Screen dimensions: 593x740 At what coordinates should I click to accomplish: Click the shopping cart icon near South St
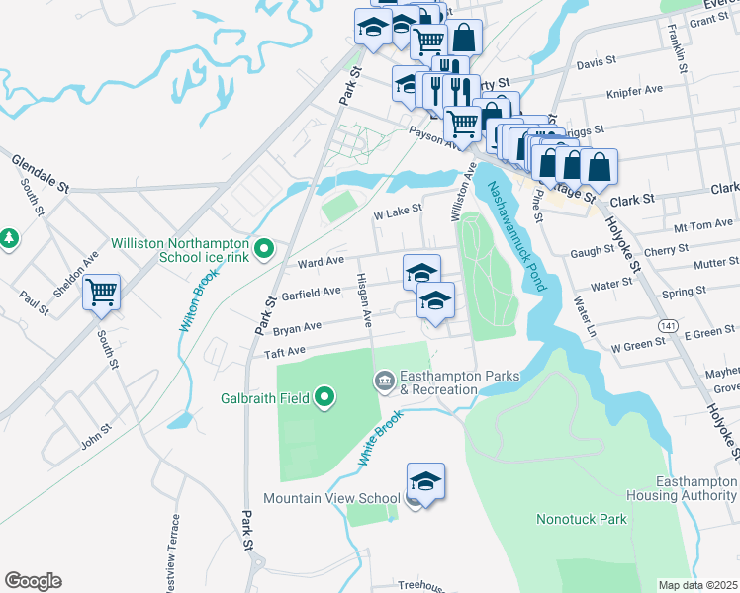coord(101,293)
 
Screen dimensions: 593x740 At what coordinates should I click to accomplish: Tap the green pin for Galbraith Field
coord(324,399)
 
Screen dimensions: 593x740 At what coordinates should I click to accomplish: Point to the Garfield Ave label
coord(312,294)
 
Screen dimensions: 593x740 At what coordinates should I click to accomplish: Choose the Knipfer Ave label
coord(633,90)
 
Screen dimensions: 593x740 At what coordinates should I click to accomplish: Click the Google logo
coord(33,581)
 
